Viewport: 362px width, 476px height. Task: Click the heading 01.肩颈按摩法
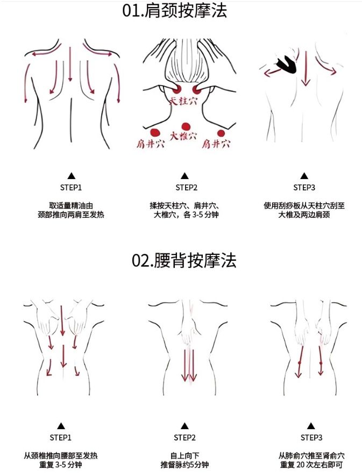point(175,11)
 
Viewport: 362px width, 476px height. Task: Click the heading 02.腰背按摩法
point(184,261)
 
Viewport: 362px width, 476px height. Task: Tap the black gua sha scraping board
point(286,65)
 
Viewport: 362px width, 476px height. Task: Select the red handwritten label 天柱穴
point(183,101)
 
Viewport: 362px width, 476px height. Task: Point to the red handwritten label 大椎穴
point(183,136)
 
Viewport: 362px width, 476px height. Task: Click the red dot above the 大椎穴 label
point(185,126)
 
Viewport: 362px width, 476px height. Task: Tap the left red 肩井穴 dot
point(155,132)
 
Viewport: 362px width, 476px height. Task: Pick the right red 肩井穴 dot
point(221,133)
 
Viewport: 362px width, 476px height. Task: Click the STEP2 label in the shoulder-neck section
point(186,188)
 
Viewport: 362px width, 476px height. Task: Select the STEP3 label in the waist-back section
point(311,437)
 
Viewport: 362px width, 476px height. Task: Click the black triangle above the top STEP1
point(72,175)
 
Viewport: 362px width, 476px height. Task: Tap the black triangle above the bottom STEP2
point(184,426)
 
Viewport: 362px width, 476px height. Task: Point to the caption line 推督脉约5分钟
point(184,465)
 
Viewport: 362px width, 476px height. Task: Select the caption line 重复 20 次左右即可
point(311,465)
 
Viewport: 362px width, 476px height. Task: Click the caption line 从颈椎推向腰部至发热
point(61,456)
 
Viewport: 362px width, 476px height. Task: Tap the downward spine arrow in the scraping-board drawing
point(306,68)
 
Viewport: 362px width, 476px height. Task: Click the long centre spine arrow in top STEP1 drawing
point(70,64)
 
